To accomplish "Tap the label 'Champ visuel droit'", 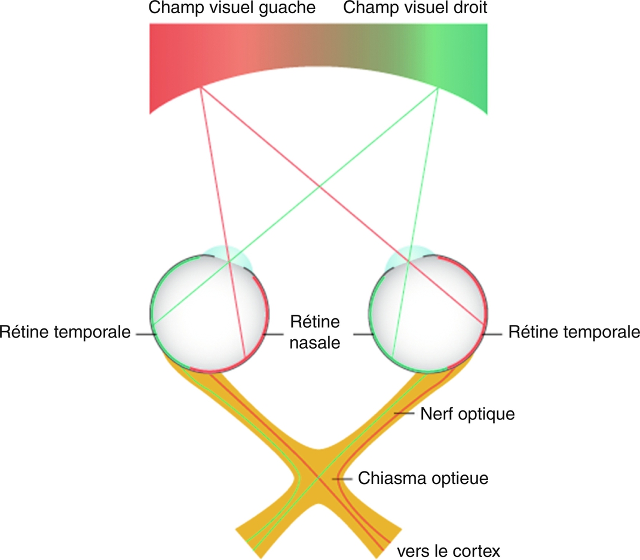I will (415, 9).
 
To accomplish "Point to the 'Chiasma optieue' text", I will (423, 478).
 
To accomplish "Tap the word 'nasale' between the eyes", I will (316, 343).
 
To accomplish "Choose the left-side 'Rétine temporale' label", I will (65, 331).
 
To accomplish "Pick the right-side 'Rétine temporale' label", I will (574, 331).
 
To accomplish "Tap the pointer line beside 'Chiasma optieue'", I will (343, 479).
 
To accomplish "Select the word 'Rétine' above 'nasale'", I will (315, 322).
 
